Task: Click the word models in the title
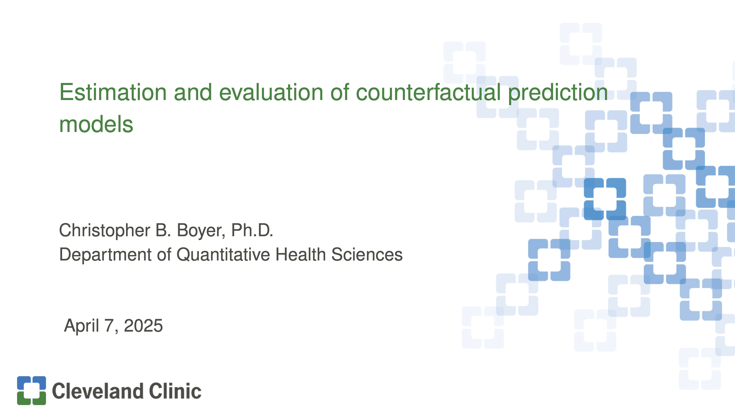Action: tap(96, 124)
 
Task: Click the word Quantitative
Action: tap(223, 254)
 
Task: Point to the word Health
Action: tap(300, 254)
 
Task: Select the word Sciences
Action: tap(367, 254)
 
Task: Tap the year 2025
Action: tap(143, 326)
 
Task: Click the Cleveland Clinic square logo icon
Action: tap(31, 390)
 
